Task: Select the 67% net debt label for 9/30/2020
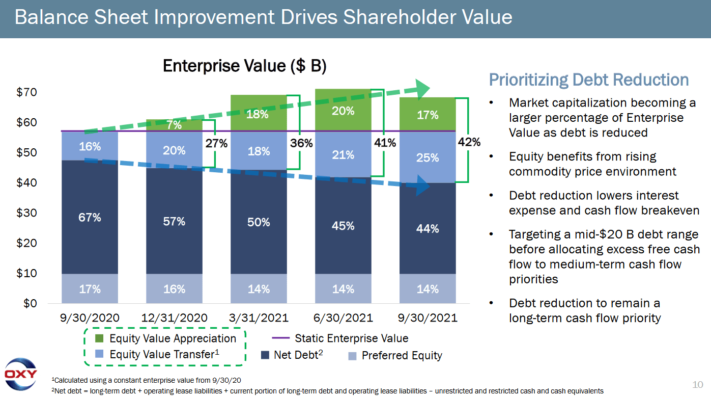point(90,218)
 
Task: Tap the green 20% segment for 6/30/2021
point(343,111)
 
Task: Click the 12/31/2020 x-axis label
point(174,318)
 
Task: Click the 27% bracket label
point(216,144)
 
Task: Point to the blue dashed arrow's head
point(422,186)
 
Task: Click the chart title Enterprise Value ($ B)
point(244,66)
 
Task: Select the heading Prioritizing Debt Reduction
point(589,80)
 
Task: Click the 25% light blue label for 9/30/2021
point(428,157)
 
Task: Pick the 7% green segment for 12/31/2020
point(174,125)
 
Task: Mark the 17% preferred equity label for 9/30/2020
point(90,289)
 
